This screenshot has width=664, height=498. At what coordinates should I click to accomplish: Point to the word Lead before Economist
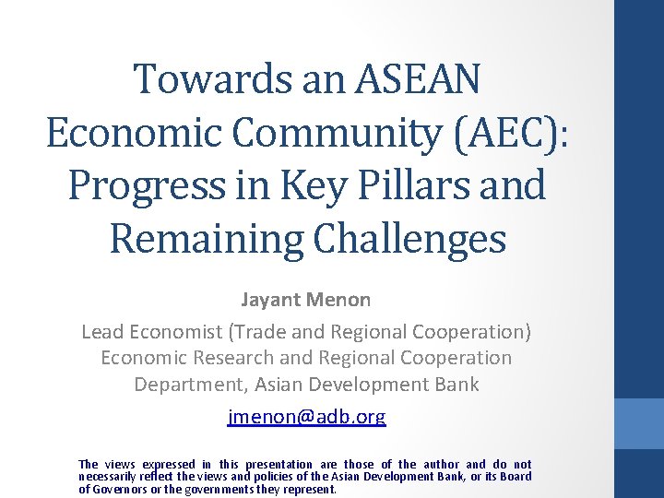101,331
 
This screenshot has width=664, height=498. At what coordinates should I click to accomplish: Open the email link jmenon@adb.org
306,417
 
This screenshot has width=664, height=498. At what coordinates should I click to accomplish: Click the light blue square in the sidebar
639,423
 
